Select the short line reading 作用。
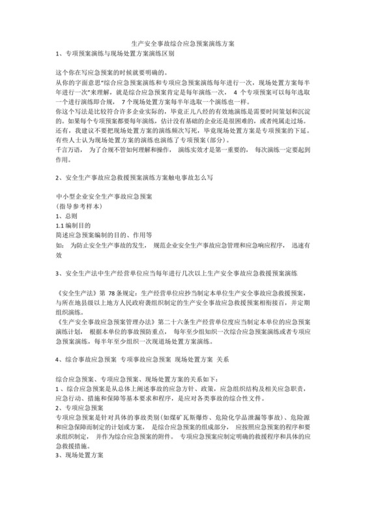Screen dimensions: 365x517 (x=64, y=159)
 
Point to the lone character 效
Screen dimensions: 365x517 (x=59, y=256)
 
